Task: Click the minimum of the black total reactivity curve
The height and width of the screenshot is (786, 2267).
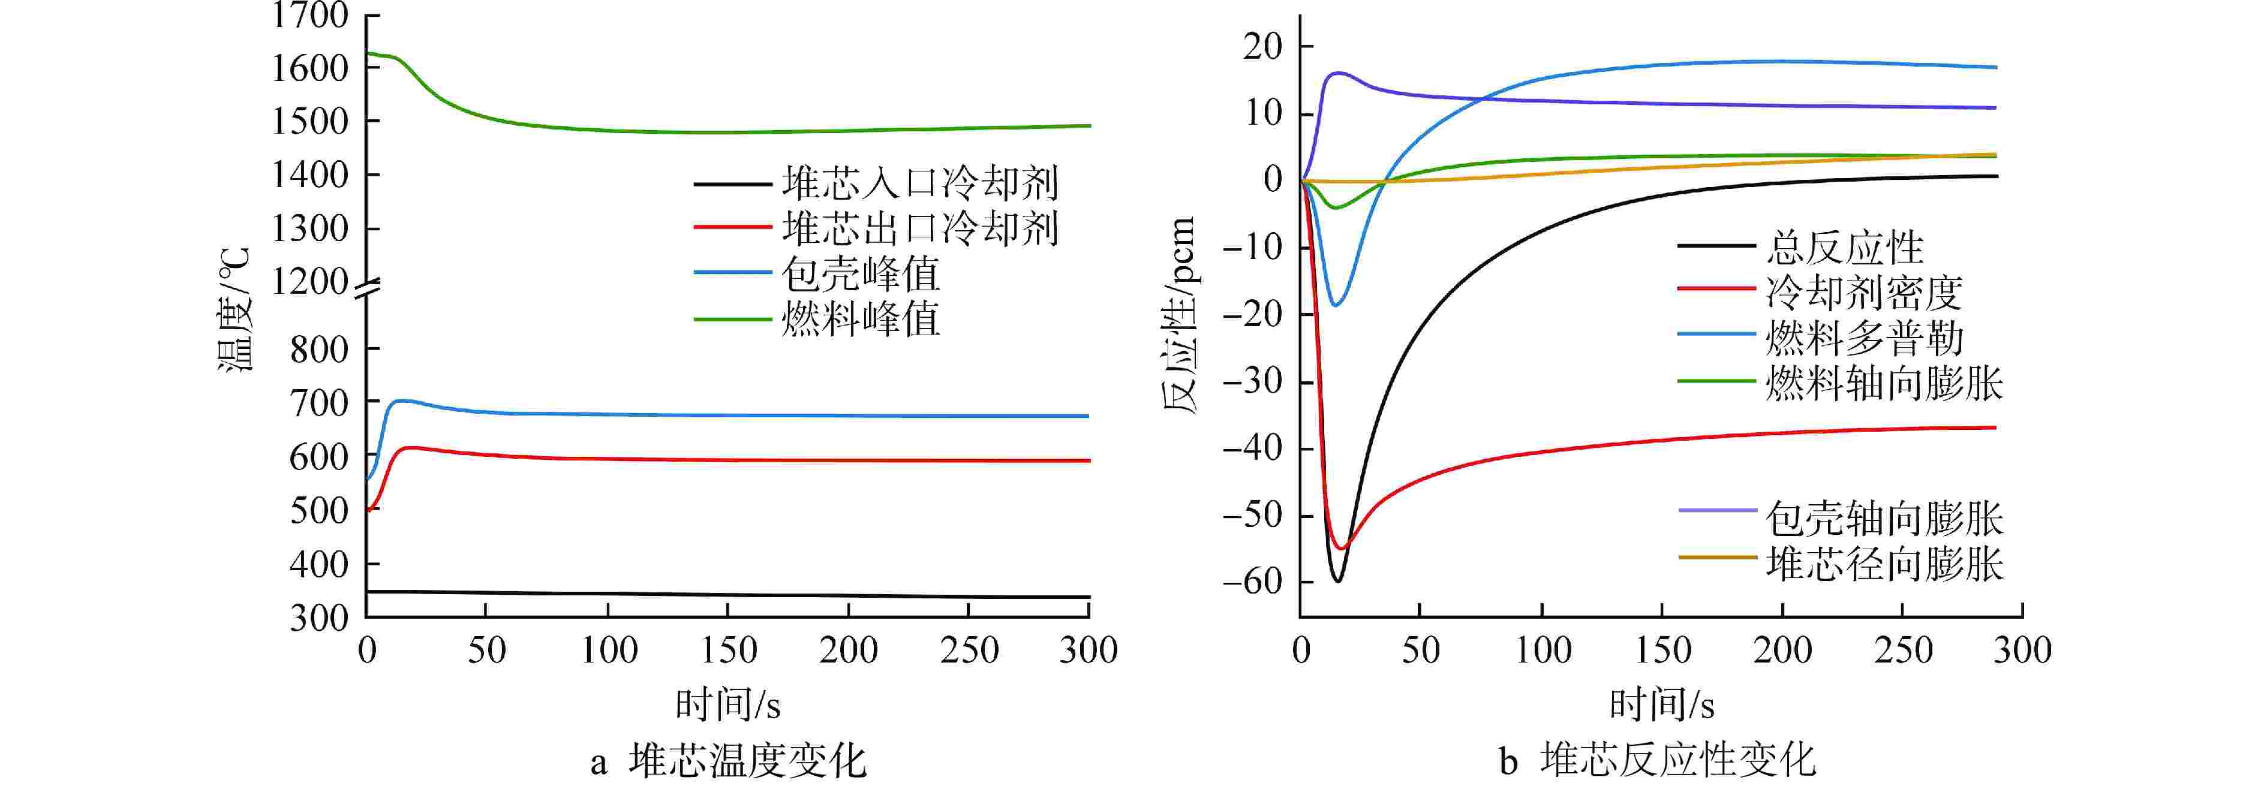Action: (x=1337, y=581)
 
